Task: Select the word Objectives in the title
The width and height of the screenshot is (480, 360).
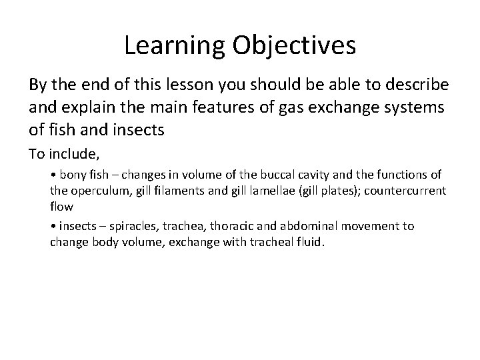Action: tap(294, 45)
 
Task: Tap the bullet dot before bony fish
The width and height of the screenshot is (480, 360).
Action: tap(53, 175)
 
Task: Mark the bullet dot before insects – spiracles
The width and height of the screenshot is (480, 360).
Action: tap(53, 227)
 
